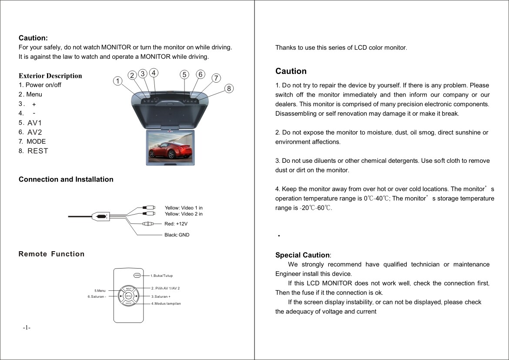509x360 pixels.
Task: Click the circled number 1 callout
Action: (x=117, y=81)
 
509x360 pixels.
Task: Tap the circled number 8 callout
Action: (x=230, y=88)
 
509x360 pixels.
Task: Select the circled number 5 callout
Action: (x=184, y=74)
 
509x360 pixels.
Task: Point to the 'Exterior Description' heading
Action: (x=50, y=76)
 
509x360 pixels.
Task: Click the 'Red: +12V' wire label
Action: (x=176, y=224)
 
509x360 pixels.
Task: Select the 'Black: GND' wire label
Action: (x=177, y=235)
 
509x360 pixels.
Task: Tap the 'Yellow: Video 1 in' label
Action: (x=184, y=208)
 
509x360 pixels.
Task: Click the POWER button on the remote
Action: (x=137, y=275)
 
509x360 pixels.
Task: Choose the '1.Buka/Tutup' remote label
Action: (x=161, y=276)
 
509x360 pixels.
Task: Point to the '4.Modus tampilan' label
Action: (x=166, y=303)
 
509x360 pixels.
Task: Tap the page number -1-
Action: (x=27, y=327)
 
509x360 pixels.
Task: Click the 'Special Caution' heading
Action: (x=302, y=255)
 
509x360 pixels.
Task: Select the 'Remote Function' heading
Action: (x=51, y=254)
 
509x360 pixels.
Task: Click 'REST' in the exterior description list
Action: (x=38, y=151)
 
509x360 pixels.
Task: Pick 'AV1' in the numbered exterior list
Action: (x=34, y=123)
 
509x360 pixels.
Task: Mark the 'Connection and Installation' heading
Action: (x=66, y=179)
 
